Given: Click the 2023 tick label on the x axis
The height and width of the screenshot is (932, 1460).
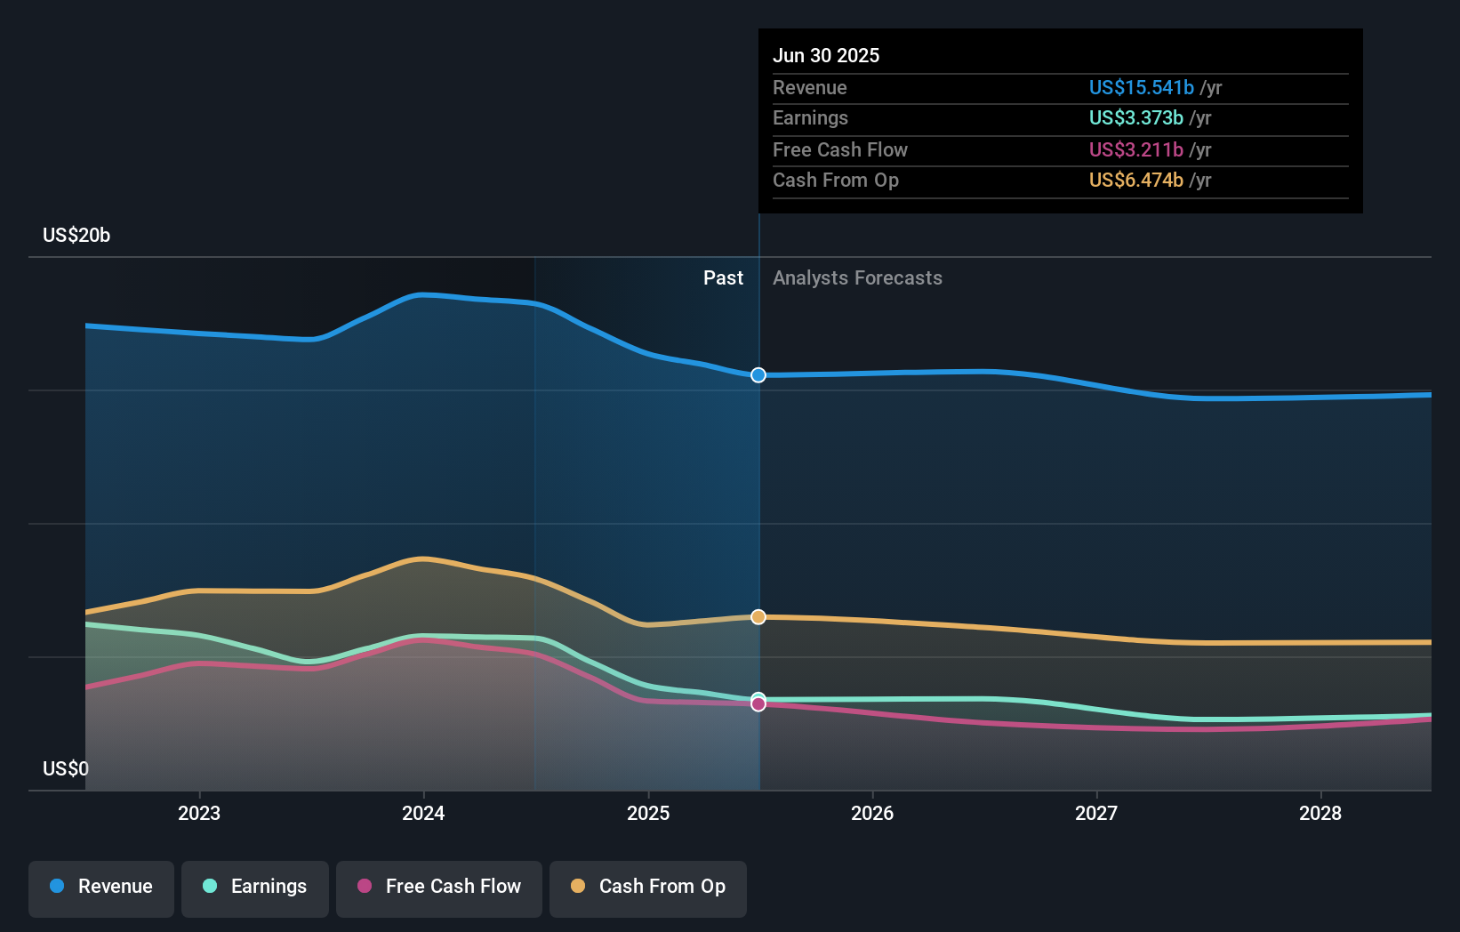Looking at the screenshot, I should click(x=199, y=813).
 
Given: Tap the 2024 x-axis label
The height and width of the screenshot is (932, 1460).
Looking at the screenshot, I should click(x=423, y=813).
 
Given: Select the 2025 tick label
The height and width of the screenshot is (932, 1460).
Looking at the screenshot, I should click(x=648, y=813).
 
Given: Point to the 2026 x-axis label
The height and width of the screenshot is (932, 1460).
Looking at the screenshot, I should click(x=872, y=813).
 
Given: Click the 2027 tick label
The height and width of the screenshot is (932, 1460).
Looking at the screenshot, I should click(x=1096, y=813).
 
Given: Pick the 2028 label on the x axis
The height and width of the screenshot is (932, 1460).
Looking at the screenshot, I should click(x=1320, y=813).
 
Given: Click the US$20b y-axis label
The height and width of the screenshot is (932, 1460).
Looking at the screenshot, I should click(x=76, y=235).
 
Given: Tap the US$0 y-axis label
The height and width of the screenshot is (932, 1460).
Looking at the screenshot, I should click(x=66, y=768).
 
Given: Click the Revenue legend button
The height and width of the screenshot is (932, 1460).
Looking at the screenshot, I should click(x=101, y=887).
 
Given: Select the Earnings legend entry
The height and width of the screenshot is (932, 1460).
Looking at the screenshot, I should click(x=255, y=887).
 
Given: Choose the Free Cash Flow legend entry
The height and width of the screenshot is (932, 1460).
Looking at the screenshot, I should click(x=439, y=887).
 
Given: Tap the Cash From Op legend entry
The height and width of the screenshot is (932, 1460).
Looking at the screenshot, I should click(x=648, y=887).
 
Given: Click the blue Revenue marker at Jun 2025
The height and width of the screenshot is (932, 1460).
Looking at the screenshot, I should click(x=758, y=375).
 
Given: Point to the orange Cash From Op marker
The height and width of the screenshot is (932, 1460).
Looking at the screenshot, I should click(x=758, y=617).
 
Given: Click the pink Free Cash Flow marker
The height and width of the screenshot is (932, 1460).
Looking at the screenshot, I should click(x=758, y=704).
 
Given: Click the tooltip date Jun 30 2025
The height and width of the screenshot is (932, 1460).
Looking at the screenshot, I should click(x=826, y=55).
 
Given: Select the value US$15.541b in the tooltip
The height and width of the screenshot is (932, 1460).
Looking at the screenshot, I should click(x=1141, y=87).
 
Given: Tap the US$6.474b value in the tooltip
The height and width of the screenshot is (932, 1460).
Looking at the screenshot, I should click(x=1135, y=180).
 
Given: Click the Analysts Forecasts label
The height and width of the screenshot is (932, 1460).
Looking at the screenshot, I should click(x=857, y=277).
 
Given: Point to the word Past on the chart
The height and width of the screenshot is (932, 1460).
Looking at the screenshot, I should click(x=723, y=277).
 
